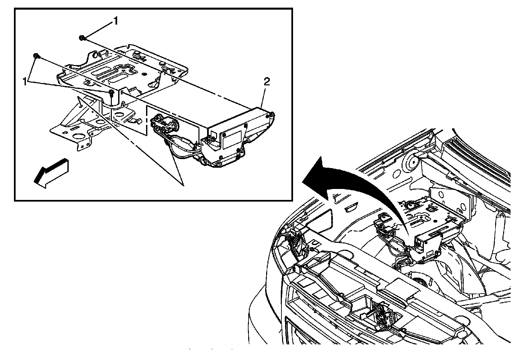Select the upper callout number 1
tap(115, 22)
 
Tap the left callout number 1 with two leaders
tap(25, 82)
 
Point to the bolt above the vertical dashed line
tap(111, 92)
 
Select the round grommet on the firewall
tap(413, 163)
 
